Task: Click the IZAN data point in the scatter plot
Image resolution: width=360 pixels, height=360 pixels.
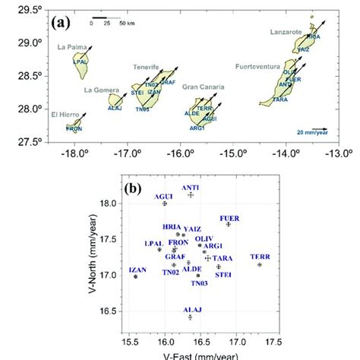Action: pos(136,276)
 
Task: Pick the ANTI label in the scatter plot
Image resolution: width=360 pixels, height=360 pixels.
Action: pos(191,187)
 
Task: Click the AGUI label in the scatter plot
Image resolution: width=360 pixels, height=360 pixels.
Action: pos(164,197)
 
